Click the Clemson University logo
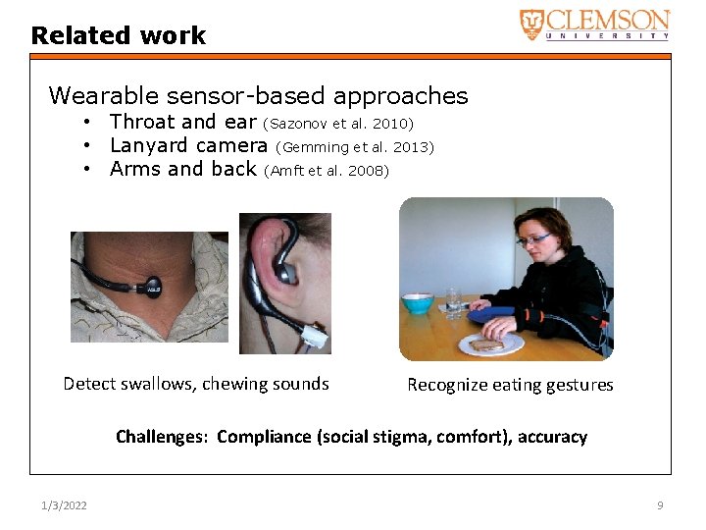(594, 24)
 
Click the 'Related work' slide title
(119, 36)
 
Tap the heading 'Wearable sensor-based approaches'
(258, 96)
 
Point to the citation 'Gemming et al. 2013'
(356, 147)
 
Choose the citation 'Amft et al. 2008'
(328, 171)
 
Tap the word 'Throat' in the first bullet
(143, 122)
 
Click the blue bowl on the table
(418, 303)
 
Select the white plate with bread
(490, 344)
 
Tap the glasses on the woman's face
(534, 238)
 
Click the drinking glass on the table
(452, 300)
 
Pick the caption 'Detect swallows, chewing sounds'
(196, 384)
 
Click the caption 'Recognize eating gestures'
(510, 385)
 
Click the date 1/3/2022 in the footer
(64, 505)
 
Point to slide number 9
(660, 505)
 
